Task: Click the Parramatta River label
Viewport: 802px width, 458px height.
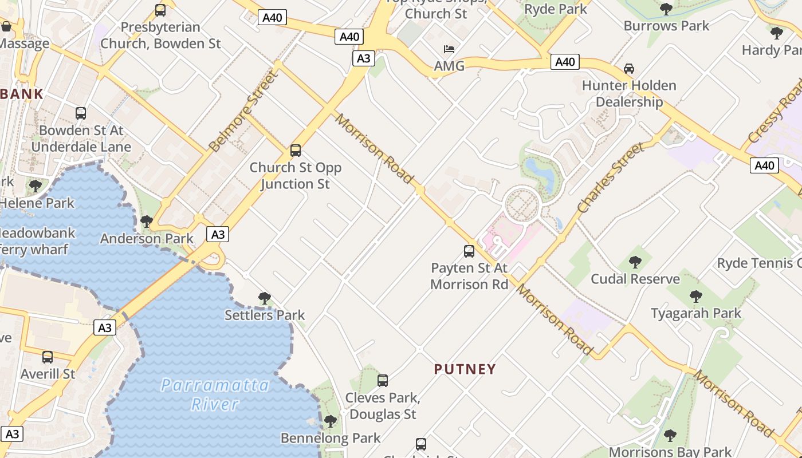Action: click(x=215, y=394)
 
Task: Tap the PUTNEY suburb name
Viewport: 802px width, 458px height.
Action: click(x=465, y=369)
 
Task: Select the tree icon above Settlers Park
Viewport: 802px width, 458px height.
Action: click(x=264, y=298)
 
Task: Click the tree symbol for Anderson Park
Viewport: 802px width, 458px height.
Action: click(x=147, y=221)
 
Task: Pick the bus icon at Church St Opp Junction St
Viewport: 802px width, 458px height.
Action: click(x=296, y=151)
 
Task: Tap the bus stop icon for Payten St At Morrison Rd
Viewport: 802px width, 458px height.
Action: click(x=469, y=251)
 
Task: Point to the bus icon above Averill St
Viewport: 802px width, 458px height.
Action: click(x=48, y=357)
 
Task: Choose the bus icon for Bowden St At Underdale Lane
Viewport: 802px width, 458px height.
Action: click(x=81, y=113)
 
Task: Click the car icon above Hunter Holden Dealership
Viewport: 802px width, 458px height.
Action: click(x=628, y=69)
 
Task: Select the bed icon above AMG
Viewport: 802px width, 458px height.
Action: click(x=449, y=49)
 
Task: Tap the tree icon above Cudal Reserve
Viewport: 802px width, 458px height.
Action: click(x=635, y=262)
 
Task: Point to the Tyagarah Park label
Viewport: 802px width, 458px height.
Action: click(x=695, y=313)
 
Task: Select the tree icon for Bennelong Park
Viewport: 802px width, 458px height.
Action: click(x=330, y=421)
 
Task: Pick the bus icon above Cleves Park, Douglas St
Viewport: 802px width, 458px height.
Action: click(x=382, y=380)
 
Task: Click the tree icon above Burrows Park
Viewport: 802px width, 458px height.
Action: click(x=666, y=9)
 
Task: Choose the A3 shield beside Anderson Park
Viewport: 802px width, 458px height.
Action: click(x=218, y=234)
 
